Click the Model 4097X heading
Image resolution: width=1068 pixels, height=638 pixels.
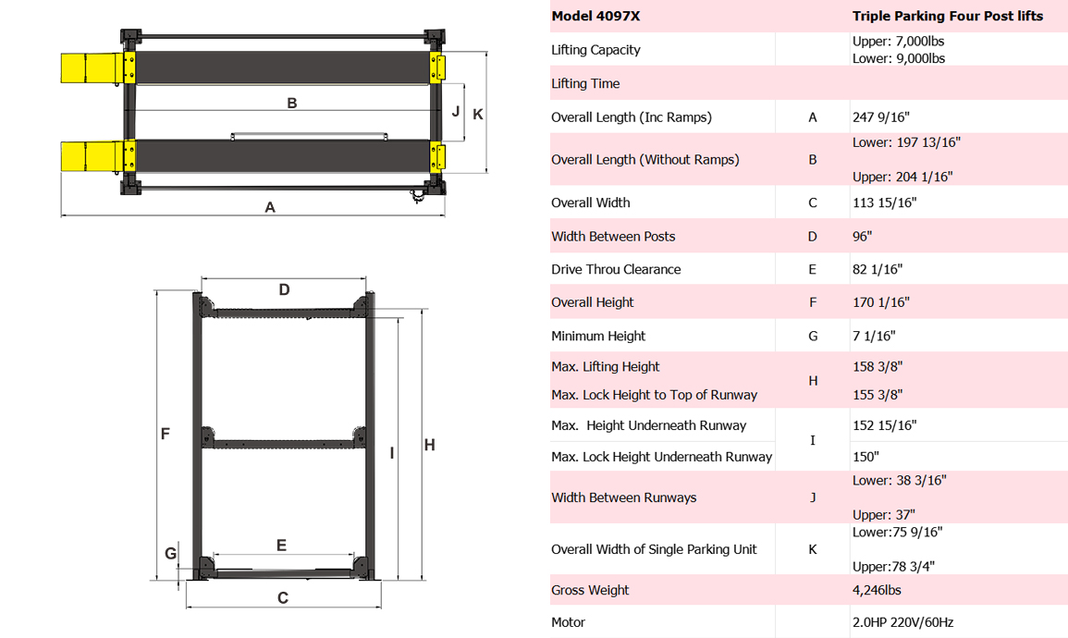pos(595,16)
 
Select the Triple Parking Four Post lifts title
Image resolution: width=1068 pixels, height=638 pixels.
pos(947,16)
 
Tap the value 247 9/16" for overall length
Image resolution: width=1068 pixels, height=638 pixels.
pos(880,117)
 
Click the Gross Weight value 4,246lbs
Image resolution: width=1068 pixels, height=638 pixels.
pos(877,590)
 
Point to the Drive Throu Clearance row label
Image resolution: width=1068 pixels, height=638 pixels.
pos(616,269)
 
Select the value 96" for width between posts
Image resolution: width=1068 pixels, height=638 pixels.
pos(862,236)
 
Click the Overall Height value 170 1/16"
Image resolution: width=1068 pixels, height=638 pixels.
pos(880,302)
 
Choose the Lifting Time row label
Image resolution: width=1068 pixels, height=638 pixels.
pos(585,83)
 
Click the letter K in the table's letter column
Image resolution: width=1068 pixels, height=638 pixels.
pos(813,549)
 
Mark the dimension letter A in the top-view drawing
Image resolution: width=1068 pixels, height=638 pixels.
pos(270,208)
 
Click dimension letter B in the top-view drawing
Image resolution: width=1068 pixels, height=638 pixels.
pos(292,103)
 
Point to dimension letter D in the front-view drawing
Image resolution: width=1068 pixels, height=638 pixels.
pos(284,290)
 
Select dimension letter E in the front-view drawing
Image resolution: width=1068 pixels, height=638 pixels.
pos(282,546)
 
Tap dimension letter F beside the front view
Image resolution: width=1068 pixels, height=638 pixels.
pos(165,433)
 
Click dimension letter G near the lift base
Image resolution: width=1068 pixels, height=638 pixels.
pos(170,554)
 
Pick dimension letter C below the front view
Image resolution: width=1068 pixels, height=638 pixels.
pos(283,598)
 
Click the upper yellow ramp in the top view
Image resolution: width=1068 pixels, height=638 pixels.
pos(91,68)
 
